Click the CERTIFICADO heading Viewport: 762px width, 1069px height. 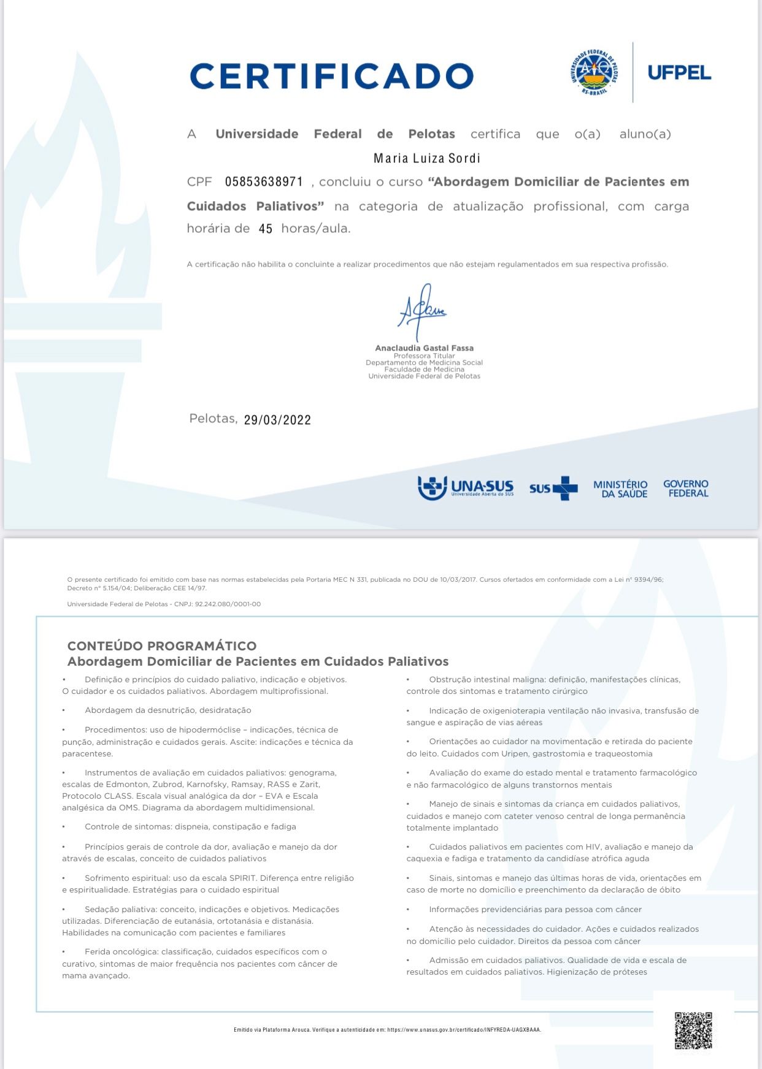click(331, 76)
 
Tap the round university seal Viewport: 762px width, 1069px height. click(593, 72)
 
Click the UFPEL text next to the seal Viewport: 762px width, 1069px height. click(679, 73)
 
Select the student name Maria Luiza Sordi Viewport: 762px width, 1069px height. click(427, 158)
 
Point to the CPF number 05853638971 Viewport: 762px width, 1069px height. click(264, 181)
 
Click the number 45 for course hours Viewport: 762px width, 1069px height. click(265, 229)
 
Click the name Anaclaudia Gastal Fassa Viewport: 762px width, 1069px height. click(424, 348)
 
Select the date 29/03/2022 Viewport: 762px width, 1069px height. click(277, 420)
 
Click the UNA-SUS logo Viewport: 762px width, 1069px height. click(466, 488)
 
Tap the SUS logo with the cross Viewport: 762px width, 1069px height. click(553, 489)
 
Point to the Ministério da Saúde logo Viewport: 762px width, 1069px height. click(620, 489)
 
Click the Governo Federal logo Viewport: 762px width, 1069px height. click(686, 489)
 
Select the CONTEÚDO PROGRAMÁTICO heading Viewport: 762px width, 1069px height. click(162, 645)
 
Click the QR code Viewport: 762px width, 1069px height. click(693, 1030)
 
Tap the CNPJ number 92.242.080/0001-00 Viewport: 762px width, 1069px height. click(228, 604)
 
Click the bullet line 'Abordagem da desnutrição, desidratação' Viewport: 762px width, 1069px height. click(167, 710)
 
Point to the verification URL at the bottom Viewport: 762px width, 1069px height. click(464, 1030)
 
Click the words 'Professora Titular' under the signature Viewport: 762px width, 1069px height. click(424, 356)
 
